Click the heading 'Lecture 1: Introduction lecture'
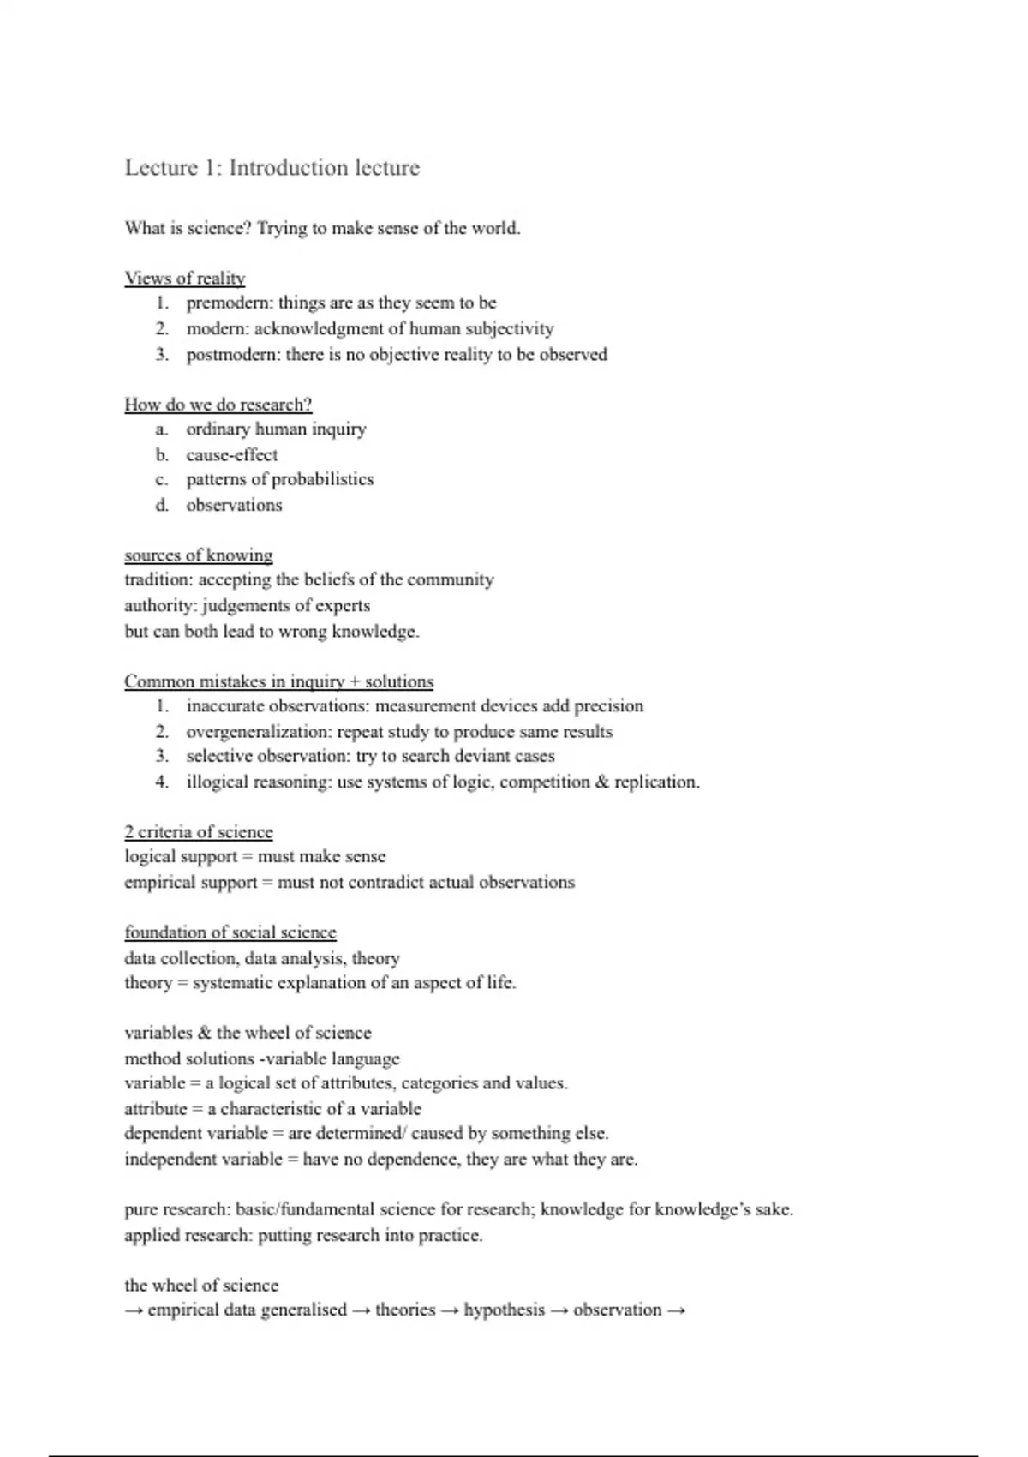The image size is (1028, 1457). (272, 167)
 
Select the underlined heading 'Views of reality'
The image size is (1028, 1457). (185, 279)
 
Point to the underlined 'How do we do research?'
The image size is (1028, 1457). (218, 405)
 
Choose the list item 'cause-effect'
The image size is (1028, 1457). (232, 455)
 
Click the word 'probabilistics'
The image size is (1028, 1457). (322, 479)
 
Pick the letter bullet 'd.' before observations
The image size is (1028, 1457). (162, 505)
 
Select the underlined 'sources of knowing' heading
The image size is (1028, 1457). (199, 555)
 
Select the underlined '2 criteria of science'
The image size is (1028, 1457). (199, 832)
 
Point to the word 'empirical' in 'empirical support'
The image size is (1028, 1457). (160, 883)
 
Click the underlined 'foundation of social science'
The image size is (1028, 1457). (230, 932)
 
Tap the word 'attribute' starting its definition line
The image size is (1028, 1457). (155, 1109)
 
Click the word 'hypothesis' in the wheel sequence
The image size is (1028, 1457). (504, 1310)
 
